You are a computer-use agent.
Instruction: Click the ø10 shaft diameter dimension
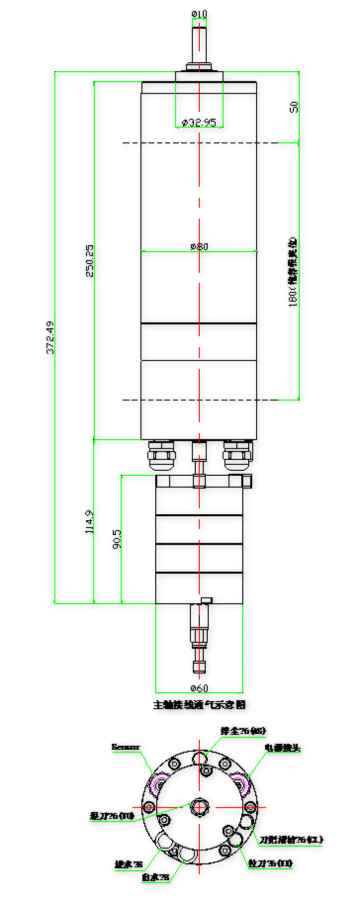[199, 13]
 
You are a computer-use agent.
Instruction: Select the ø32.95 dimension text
[199, 122]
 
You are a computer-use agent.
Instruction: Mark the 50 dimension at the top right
[295, 106]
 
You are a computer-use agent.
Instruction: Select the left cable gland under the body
[161, 455]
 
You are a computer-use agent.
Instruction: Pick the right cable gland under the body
[238, 455]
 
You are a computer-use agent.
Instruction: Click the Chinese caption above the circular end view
[199, 705]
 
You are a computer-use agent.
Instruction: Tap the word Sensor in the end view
[126, 746]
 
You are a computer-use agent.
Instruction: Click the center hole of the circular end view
[199, 805]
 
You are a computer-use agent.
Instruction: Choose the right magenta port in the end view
[244, 783]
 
